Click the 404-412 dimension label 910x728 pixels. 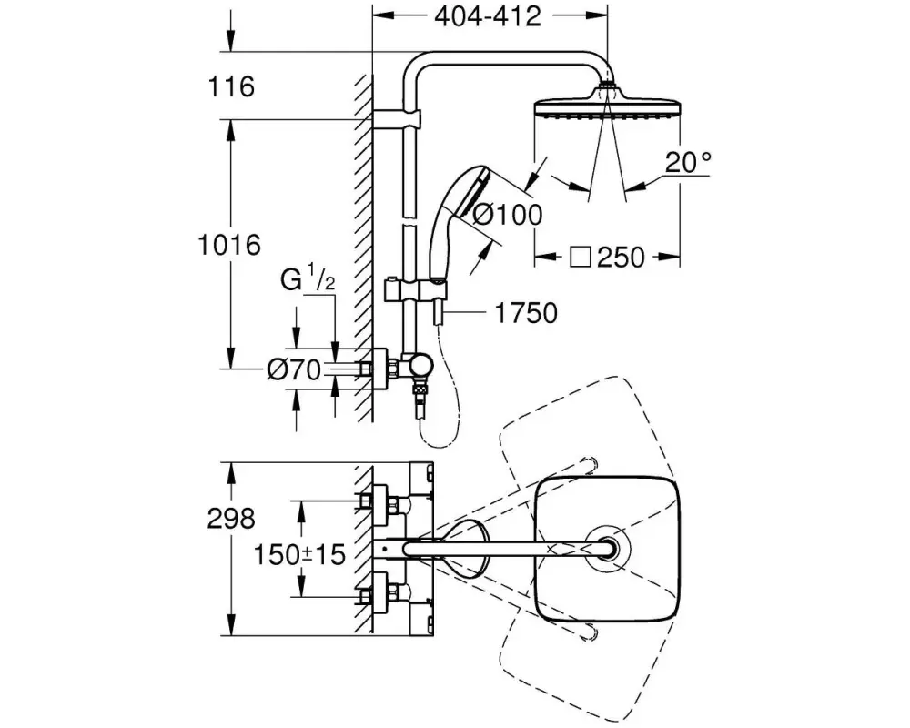(488, 16)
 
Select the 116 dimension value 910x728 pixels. (231, 86)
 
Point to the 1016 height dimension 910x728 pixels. (229, 245)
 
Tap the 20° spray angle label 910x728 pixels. (688, 162)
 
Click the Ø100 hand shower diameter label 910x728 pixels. (507, 214)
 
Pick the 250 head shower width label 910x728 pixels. (621, 257)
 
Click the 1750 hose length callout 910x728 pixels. (526, 313)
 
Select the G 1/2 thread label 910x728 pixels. (308, 277)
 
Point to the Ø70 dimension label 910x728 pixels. (294, 369)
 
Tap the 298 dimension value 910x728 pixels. (231, 518)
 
